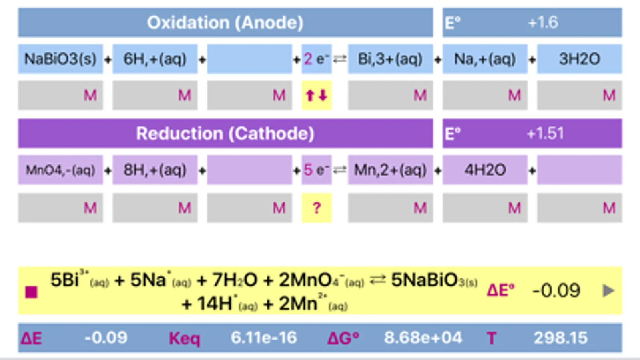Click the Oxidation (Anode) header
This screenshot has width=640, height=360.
tap(225, 23)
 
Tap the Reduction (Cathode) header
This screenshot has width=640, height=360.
tap(225, 134)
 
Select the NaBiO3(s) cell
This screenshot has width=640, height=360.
tap(60, 59)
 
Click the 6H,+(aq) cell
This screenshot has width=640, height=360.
tap(155, 59)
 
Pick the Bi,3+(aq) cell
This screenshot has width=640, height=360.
tap(390, 59)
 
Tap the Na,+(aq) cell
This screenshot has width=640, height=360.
tap(485, 59)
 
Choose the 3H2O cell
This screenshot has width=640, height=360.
tap(579, 59)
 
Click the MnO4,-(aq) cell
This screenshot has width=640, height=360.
tap(60, 170)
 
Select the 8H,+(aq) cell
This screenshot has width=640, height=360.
tap(155, 170)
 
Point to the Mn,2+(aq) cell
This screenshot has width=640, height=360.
tap(390, 170)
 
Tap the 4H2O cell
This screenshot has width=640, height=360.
tap(485, 170)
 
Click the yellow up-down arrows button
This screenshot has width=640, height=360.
tap(316, 96)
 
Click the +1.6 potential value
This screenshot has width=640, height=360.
tap(543, 23)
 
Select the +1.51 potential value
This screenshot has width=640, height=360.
tap(545, 134)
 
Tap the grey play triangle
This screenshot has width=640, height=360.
tap(608, 290)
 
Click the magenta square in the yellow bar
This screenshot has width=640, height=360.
tap(31, 292)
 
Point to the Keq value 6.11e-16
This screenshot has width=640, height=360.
tap(264, 338)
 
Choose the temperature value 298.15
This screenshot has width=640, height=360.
tap(560, 338)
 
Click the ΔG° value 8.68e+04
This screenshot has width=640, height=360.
tap(423, 338)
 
